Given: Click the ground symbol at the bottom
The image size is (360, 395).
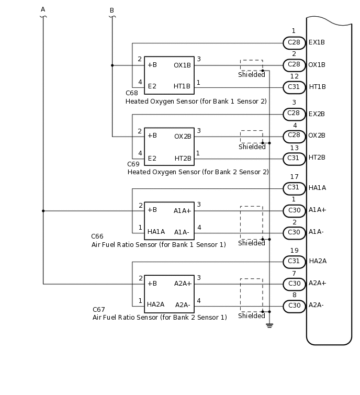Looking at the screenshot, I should (x=269, y=325).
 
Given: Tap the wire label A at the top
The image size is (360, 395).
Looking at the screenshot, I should (x=43, y=9).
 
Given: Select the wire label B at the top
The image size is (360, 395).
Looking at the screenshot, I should (x=111, y=10).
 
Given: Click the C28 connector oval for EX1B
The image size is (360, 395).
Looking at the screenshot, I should (x=294, y=42).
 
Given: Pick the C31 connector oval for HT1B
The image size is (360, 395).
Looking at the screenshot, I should (x=294, y=87).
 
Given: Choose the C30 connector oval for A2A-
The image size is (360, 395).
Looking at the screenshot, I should (x=294, y=306).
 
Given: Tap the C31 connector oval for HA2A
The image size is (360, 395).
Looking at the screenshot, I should (x=294, y=262).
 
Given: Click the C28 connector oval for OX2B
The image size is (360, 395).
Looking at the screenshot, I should (x=294, y=136).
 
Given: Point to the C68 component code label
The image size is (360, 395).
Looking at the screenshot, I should (x=132, y=93).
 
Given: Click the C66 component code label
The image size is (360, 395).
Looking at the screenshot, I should (x=97, y=236).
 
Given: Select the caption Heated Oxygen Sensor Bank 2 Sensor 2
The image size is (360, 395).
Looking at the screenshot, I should (x=198, y=172).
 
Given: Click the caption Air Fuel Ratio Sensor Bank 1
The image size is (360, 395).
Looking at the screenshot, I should (x=159, y=245).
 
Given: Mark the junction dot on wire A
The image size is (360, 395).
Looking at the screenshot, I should (x=43, y=211).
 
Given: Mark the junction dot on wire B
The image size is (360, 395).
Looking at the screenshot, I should (x=112, y=65).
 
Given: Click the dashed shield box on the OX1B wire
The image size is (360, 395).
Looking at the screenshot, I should (x=251, y=65).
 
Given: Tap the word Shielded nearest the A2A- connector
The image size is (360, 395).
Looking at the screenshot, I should (x=252, y=316).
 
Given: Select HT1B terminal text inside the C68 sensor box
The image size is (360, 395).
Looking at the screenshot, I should (x=182, y=86).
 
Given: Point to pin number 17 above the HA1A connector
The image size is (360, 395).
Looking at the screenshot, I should (x=294, y=177).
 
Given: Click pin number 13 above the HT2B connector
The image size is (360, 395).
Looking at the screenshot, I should (x=294, y=148).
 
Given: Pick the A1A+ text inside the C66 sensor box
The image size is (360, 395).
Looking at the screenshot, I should (x=183, y=210).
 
